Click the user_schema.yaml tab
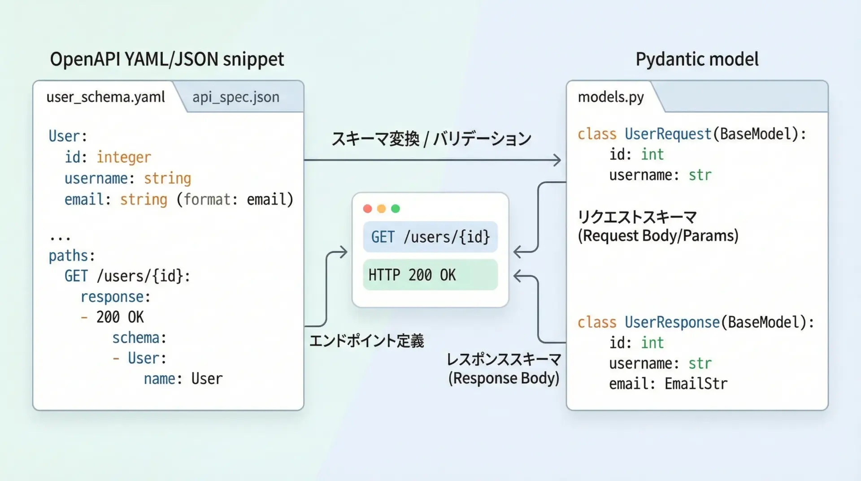click(x=106, y=97)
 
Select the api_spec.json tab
click(x=236, y=97)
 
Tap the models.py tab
click(x=611, y=97)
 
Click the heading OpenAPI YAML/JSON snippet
click(x=167, y=59)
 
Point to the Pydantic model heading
click(x=697, y=59)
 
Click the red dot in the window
click(x=368, y=209)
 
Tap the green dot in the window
click(x=396, y=209)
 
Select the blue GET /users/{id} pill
click(x=430, y=237)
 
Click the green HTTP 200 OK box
click(x=430, y=275)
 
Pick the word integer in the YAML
click(x=124, y=157)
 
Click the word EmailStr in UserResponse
click(x=696, y=384)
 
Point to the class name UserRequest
click(x=668, y=134)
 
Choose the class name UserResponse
click(x=672, y=323)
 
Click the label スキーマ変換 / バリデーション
click(x=431, y=139)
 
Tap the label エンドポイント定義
click(x=366, y=341)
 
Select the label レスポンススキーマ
click(x=504, y=359)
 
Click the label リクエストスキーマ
click(x=637, y=217)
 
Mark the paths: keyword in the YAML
click(x=72, y=256)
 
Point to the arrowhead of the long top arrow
click(x=557, y=160)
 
